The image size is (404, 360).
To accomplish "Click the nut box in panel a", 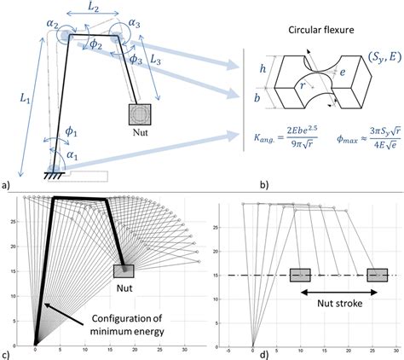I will (x=141, y=113).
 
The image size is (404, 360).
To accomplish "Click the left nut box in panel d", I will (x=299, y=275).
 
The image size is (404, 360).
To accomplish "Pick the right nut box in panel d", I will (x=377, y=275).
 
